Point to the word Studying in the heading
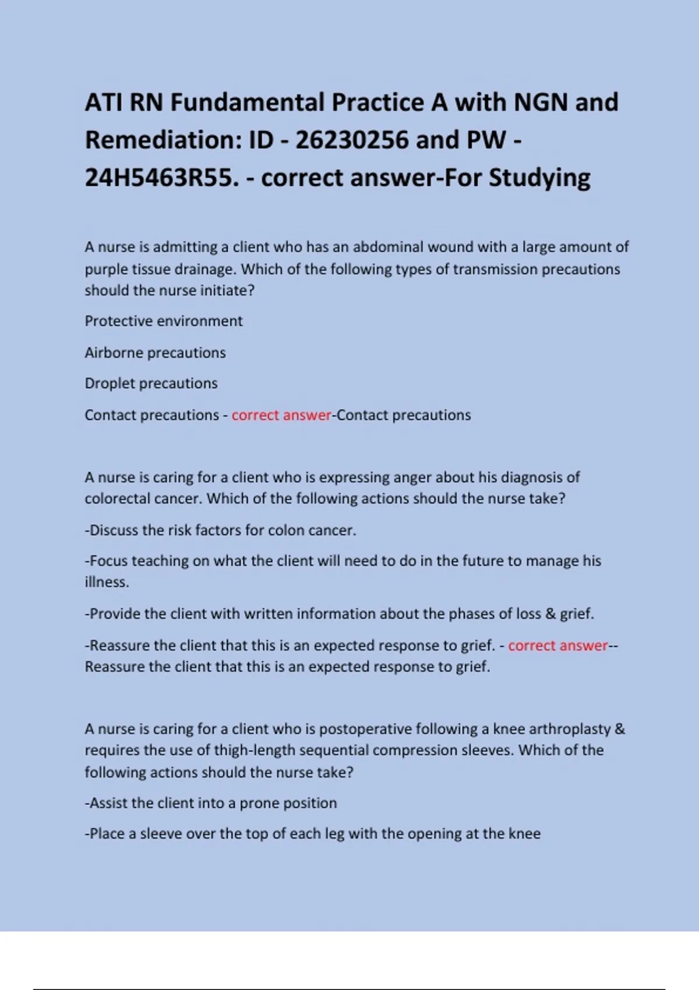point(539,178)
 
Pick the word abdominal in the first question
point(389,247)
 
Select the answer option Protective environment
point(164,321)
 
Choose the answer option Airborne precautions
point(155,353)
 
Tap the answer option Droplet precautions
point(151,383)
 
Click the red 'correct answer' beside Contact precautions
point(281,415)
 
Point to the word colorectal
point(120,498)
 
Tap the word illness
point(107,582)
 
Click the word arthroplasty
point(560,729)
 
